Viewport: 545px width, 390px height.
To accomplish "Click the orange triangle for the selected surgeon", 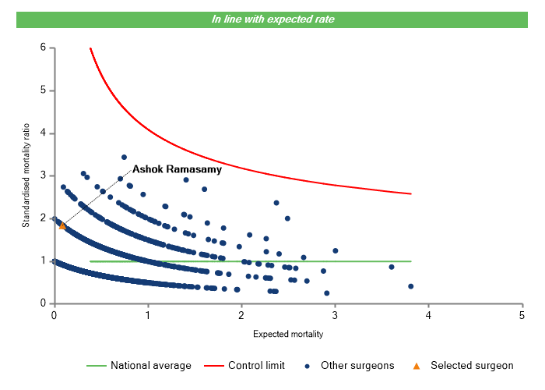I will pyautogui.click(x=62, y=226).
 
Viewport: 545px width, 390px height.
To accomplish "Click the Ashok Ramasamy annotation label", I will pyautogui.click(x=177, y=168).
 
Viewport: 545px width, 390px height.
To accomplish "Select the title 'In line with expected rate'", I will pyautogui.click(x=273, y=19).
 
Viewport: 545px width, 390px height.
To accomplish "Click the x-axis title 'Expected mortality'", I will pyautogui.click(x=288, y=334).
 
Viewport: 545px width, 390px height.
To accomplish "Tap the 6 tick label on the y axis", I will pyautogui.click(x=43, y=48).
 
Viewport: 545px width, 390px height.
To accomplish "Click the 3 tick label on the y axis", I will pyautogui.click(x=43, y=175).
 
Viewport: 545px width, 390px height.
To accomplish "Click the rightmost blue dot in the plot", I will pyautogui.click(x=410, y=286).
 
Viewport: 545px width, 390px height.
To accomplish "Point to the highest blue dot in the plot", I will pyautogui.click(x=124, y=157).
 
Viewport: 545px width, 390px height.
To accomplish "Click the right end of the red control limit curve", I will pyautogui.click(x=410, y=193).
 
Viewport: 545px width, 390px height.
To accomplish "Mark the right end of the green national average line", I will pyautogui.click(x=410, y=261).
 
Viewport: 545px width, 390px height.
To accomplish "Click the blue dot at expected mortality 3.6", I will pyautogui.click(x=392, y=267).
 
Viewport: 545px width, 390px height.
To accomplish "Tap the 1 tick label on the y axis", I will pyautogui.click(x=43, y=261).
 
